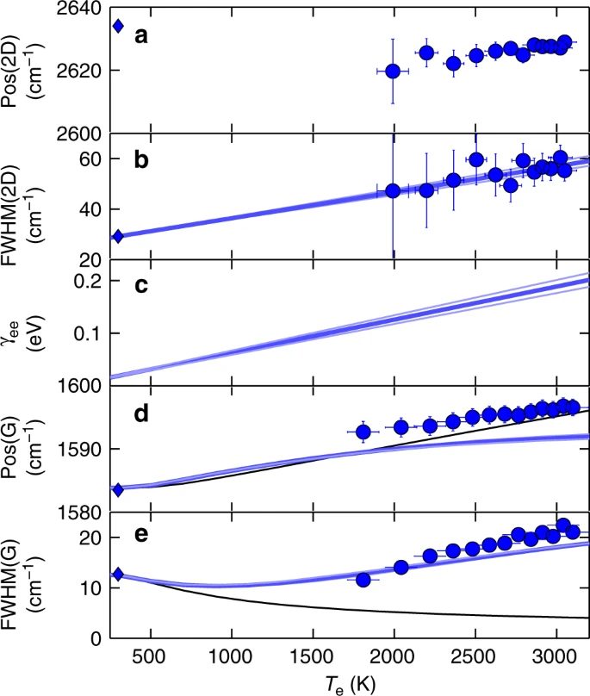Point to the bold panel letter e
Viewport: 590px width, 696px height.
(x=143, y=536)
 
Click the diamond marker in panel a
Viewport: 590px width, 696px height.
(x=119, y=26)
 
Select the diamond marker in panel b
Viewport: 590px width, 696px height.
(x=119, y=236)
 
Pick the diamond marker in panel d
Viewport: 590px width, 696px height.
(x=119, y=489)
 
